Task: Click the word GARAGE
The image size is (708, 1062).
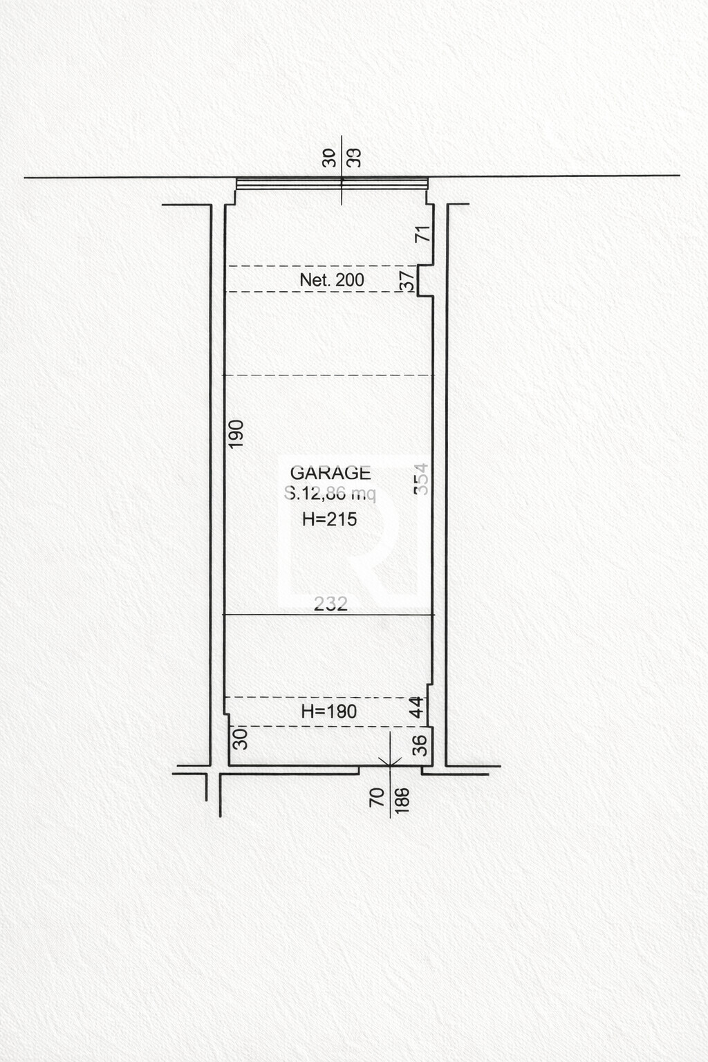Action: (330, 473)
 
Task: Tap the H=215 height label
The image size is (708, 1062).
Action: (330, 519)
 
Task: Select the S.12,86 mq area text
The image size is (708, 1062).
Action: (330, 494)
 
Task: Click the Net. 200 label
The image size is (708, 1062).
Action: (332, 280)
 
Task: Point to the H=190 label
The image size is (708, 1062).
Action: (329, 711)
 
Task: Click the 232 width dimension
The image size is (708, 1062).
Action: (330, 604)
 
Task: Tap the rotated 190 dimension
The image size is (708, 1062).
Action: (236, 434)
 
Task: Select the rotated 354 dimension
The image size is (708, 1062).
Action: (421, 478)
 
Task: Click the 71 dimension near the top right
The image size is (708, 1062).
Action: (422, 233)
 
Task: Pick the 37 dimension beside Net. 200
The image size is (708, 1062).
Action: (408, 280)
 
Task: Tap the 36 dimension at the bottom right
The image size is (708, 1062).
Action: (420, 745)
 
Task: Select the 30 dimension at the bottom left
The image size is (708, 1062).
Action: (240, 739)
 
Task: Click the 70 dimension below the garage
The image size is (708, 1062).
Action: (377, 797)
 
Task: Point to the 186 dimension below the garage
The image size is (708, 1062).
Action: (402, 799)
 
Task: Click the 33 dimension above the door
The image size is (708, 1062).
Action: (355, 158)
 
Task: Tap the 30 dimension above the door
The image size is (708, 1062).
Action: (330, 158)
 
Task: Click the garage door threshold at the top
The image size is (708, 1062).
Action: (332, 183)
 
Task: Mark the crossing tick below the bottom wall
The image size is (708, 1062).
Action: (391, 764)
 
